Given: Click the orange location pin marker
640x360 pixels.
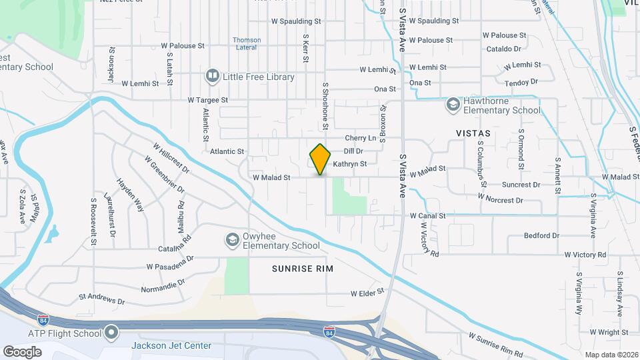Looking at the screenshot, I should click(x=320, y=159).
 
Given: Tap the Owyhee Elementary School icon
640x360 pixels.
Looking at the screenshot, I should click(x=232, y=239).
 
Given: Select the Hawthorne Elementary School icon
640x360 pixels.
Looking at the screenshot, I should click(x=453, y=105).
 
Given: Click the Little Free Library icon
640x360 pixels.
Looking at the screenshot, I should click(x=213, y=76).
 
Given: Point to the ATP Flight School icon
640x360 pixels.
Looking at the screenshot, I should click(x=111, y=332).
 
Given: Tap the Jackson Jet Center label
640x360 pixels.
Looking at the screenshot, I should click(x=171, y=345).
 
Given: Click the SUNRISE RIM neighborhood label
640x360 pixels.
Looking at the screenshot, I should click(x=302, y=268).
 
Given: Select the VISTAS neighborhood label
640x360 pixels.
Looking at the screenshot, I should click(x=473, y=133).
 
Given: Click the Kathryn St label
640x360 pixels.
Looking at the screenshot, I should click(x=350, y=163).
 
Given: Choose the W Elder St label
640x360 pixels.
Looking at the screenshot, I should click(x=368, y=293).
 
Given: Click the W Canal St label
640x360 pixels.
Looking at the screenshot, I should click(x=427, y=216).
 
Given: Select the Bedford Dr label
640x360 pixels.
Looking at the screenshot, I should click(x=541, y=235).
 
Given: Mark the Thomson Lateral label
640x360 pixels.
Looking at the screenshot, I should click(x=247, y=43).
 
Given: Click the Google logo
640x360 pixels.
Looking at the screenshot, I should click(x=22, y=351).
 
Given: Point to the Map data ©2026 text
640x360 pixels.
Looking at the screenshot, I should click(x=610, y=354).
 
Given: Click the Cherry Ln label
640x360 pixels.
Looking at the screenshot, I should click(x=361, y=138).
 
